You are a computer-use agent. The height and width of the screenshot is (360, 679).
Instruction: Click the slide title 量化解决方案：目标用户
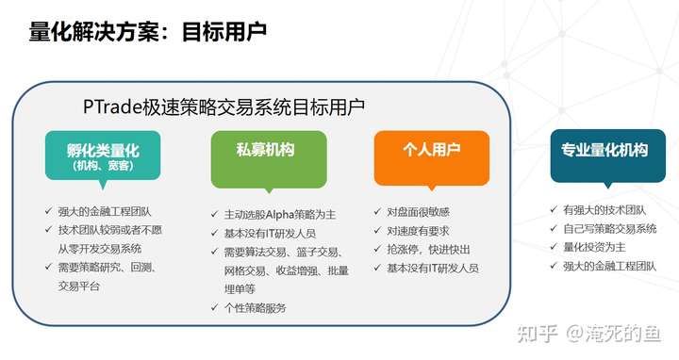tap(148, 32)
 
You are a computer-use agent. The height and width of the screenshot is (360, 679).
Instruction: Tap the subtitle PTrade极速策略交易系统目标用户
tap(224, 106)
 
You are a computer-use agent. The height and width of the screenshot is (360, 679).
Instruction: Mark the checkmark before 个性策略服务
tap(215, 307)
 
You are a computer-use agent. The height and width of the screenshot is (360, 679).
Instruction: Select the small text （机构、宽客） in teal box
tap(103, 166)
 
